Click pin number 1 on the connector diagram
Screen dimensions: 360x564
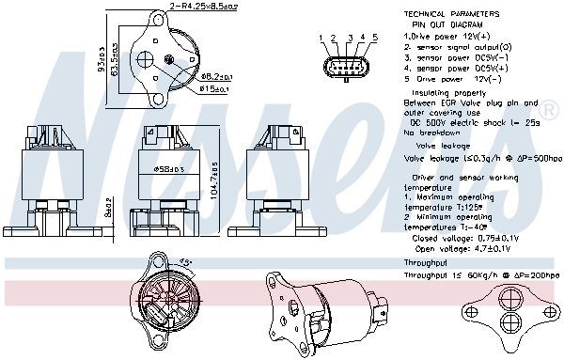click(321, 38)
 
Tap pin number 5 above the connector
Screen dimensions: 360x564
click(374, 38)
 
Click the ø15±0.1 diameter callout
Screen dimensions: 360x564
click(217, 88)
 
